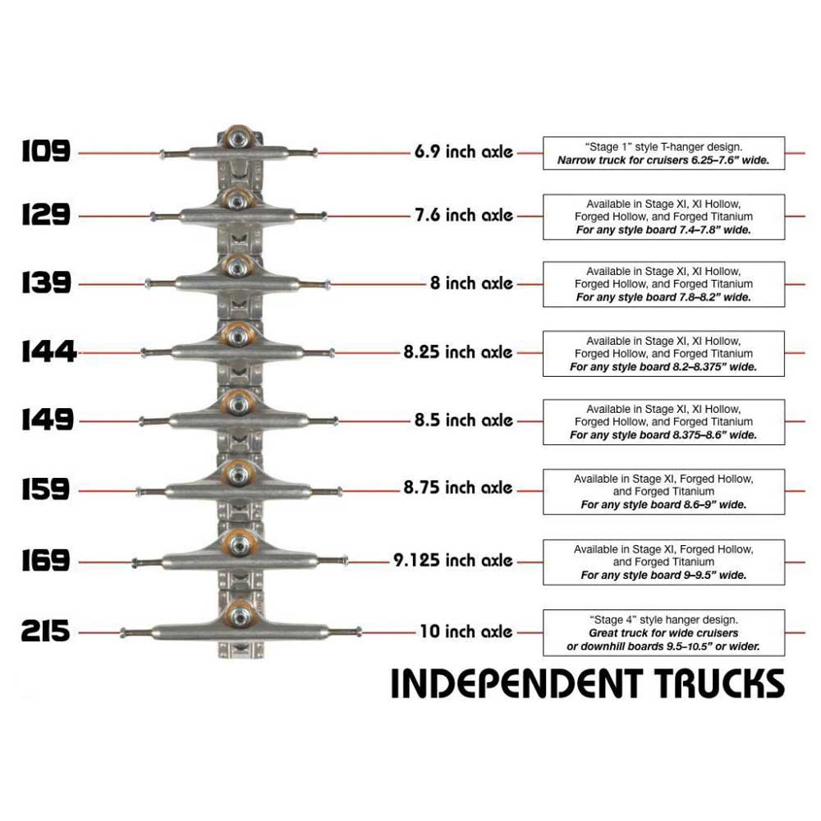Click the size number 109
[x=46, y=151]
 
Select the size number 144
[x=48, y=351]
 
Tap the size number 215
[x=46, y=633]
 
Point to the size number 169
[x=46, y=561]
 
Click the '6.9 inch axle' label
[x=464, y=151]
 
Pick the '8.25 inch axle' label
[x=458, y=351]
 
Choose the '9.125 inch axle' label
[x=453, y=561]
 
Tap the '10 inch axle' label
[x=466, y=632]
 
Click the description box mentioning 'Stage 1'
[x=663, y=153]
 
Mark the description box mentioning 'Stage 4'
[x=663, y=632]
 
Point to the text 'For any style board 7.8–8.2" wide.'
[x=663, y=297]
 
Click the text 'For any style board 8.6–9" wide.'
[x=663, y=505]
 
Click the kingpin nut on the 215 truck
[x=239, y=615]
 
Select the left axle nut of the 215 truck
[x=124, y=633]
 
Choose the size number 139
[x=46, y=283]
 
